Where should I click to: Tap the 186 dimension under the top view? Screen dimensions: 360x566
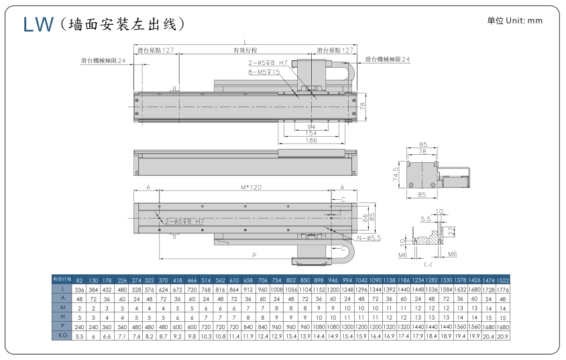(x=311, y=141)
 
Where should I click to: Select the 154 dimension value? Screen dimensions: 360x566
(x=311, y=133)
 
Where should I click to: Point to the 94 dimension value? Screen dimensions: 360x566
(x=311, y=126)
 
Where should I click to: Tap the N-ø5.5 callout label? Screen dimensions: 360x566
(x=369, y=237)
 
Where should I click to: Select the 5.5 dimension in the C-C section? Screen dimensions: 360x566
(x=425, y=219)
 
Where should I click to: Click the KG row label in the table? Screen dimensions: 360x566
(x=62, y=335)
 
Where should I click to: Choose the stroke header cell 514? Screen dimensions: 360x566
(x=206, y=279)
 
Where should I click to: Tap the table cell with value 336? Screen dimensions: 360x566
(x=79, y=288)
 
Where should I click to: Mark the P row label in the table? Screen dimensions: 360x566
(x=62, y=326)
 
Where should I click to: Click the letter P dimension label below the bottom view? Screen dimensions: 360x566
(x=253, y=255)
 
